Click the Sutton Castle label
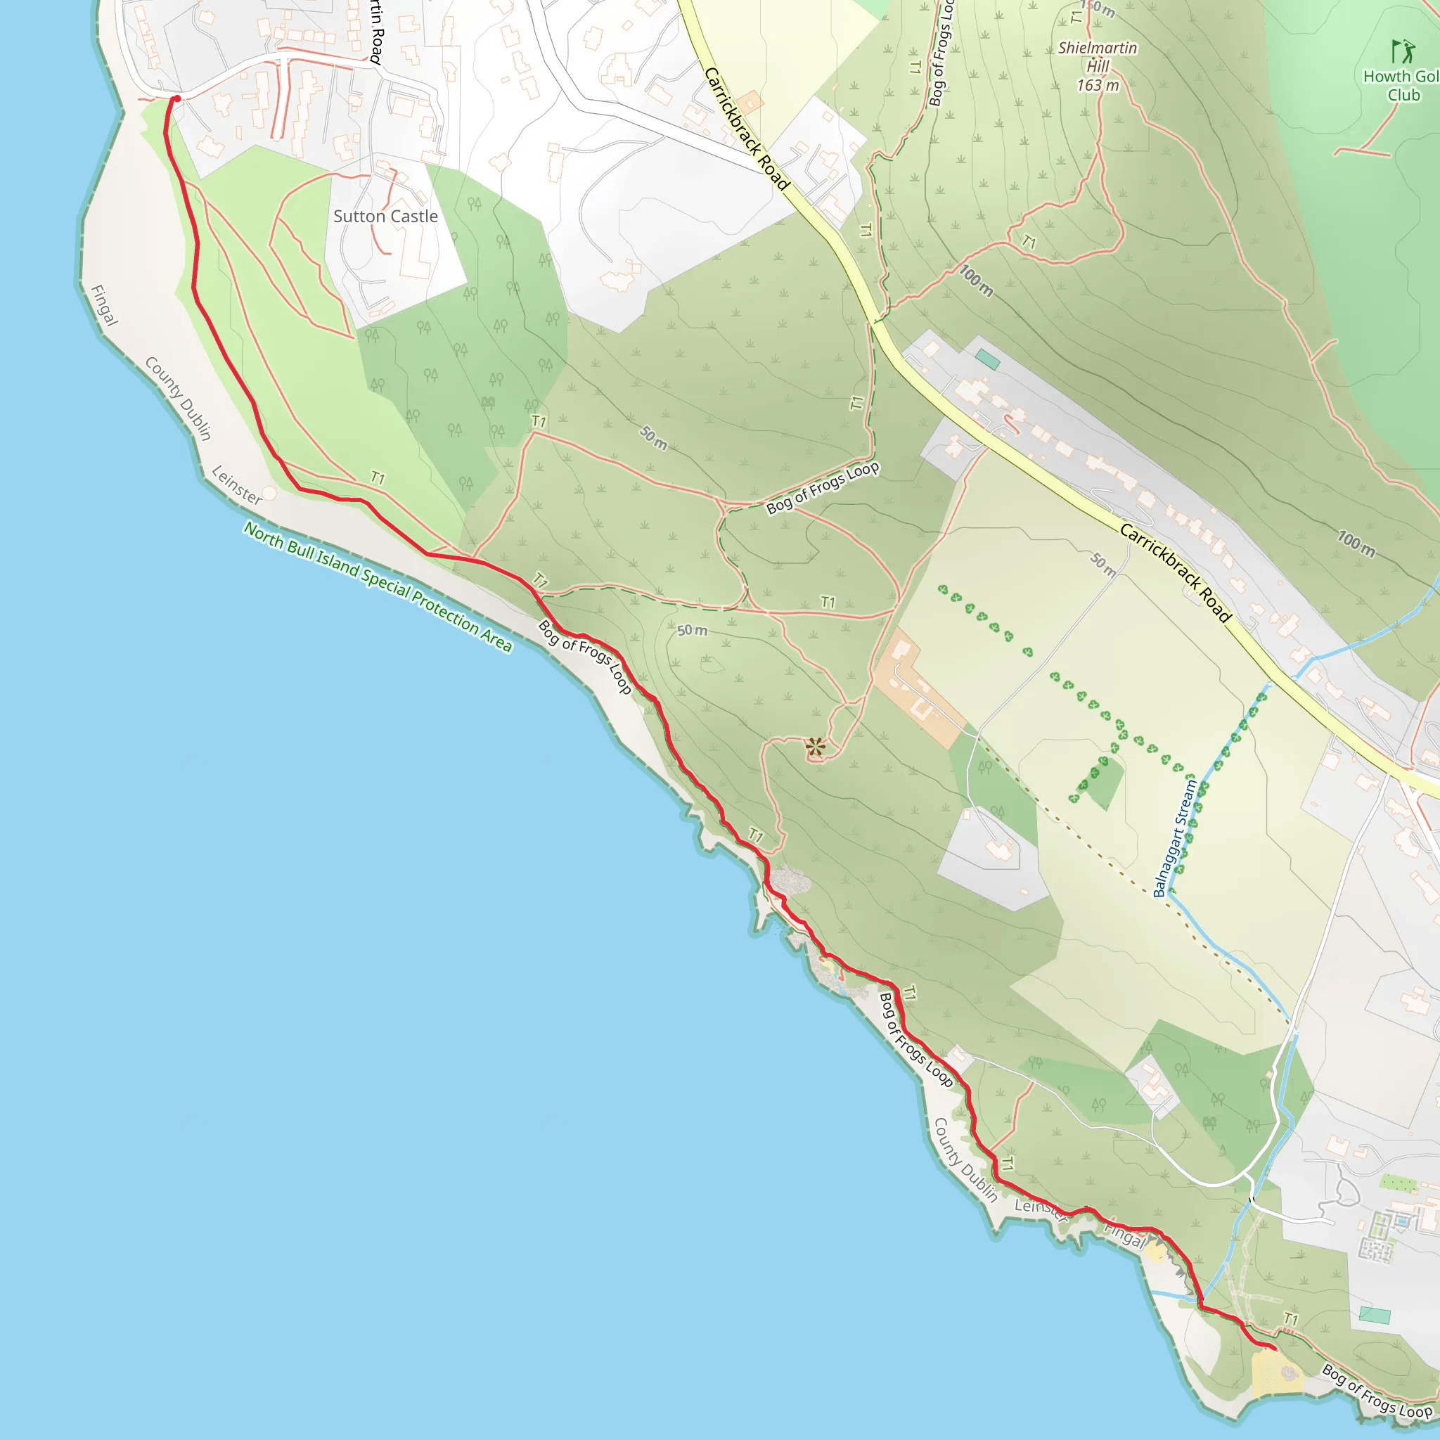coord(385,216)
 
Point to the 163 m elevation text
coord(1097,86)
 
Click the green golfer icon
coord(1403,51)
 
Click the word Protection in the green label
coord(444,605)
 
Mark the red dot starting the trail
coord(176,98)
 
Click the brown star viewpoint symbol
coord(816,746)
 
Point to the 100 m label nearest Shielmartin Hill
coord(976,281)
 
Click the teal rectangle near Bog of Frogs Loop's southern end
coord(1375,1315)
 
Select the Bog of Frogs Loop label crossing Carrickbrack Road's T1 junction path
coord(823,488)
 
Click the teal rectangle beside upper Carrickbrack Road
coord(988,359)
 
